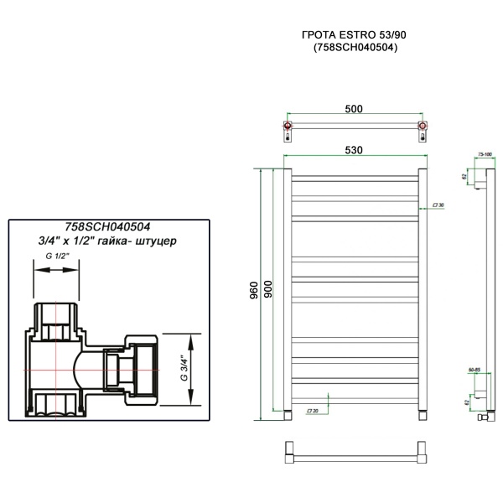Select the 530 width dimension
[x=353, y=150]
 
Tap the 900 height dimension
[x=268, y=290]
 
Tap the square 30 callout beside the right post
[x=437, y=205]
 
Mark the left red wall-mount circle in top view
[x=288, y=128]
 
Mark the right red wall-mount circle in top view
[x=422, y=128]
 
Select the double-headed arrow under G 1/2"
[x=56, y=272]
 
